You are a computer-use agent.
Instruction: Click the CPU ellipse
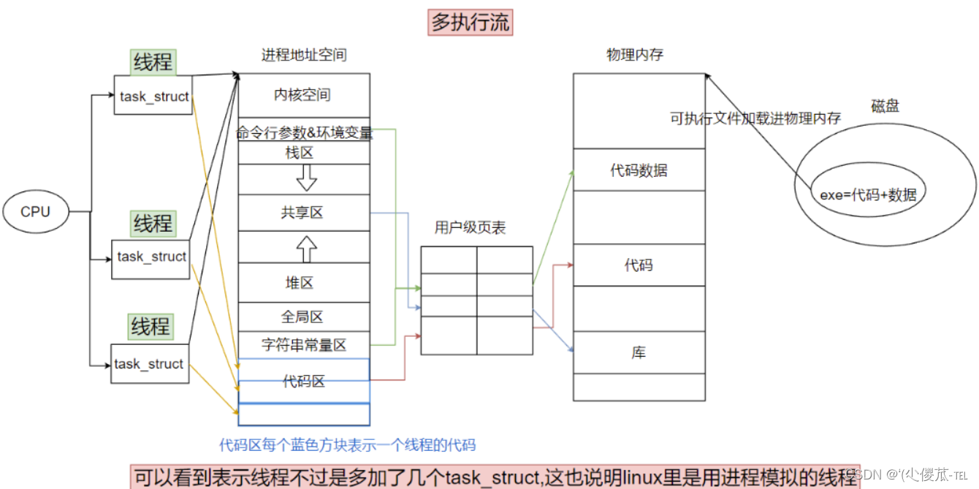tap(36, 212)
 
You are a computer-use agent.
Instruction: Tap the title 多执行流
tap(471, 23)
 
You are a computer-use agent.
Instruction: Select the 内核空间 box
tap(303, 95)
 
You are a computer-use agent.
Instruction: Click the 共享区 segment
tap(303, 213)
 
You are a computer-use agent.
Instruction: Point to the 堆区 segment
tap(303, 282)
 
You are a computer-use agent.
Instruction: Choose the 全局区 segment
tap(303, 316)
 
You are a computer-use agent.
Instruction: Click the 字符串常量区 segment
tap(303, 344)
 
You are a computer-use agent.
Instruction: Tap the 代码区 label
tap(303, 380)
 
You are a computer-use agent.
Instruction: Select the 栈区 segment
tap(303, 153)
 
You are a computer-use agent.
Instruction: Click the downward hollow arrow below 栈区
tap(307, 178)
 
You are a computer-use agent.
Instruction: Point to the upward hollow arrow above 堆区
tap(307, 249)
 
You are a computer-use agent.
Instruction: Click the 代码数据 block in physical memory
tap(639, 170)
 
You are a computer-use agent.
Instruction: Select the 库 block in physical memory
tap(639, 352)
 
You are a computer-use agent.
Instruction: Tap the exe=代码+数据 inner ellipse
tap(868, 194)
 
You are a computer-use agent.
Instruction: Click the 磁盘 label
tap(885, 107)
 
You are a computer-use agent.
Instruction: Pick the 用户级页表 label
tap(470, 228)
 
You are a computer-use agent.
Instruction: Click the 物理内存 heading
tap(634, 55)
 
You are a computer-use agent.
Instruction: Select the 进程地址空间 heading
tap(303, 55)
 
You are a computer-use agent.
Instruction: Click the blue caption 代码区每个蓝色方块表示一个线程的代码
tap(347, 444)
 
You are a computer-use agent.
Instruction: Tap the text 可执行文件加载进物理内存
tap(755, 118)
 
